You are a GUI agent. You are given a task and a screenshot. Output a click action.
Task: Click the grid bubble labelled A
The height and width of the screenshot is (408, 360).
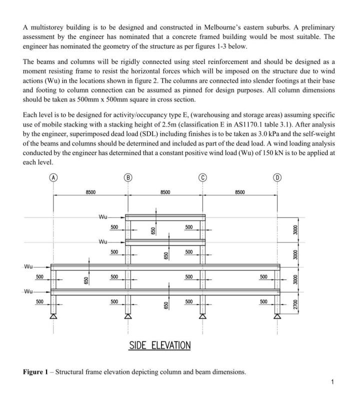tap(53, 177)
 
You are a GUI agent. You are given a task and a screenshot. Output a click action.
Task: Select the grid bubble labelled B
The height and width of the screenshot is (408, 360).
tap(128, 177)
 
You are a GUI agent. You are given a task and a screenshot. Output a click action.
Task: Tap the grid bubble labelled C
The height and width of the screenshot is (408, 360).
tap(202, 177)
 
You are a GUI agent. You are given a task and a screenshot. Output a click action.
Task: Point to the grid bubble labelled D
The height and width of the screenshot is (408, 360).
tap(277, 177)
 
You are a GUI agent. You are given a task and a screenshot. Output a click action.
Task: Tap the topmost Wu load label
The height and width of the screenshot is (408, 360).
tap(103, 216)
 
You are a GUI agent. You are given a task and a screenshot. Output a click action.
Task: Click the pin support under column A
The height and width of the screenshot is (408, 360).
tap(53, 316)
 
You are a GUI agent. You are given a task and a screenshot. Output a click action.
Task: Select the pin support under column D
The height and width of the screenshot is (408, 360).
tap(277, 316)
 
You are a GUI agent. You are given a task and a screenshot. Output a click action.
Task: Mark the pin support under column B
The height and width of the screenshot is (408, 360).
tap(128, 316)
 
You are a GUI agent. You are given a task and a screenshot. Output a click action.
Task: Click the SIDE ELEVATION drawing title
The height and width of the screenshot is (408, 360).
tap(159, 345)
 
